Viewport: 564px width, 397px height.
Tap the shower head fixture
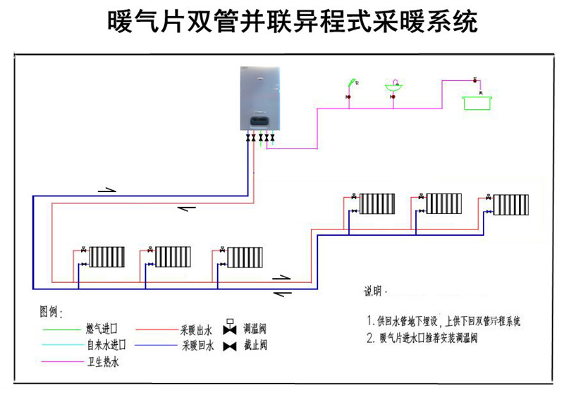[x=348, y=86]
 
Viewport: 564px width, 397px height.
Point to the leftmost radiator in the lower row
[x=106, y=257]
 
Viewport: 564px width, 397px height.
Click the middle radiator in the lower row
[x=173, y=257]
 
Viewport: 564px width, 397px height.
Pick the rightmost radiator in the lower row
[x=245, y=257]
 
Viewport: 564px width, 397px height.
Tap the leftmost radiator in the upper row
[x=379, y=203]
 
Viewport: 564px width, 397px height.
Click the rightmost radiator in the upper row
[x=511, y=204]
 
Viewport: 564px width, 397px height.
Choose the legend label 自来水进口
[x=106, y=346]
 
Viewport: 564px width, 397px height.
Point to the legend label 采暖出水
[x=197, y=329]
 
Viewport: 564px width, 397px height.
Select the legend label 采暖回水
[x=197, y=346]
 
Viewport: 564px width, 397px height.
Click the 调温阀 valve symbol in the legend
[x=229, y=327]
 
